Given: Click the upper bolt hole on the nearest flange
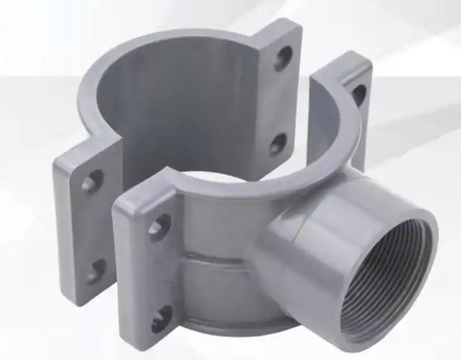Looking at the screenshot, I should click(159, 226).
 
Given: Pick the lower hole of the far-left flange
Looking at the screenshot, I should click(96, 270).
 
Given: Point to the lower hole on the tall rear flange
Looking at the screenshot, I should click(279, 144).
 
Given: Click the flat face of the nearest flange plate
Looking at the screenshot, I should click(143, 269).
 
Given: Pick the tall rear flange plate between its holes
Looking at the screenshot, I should click(281, 100).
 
